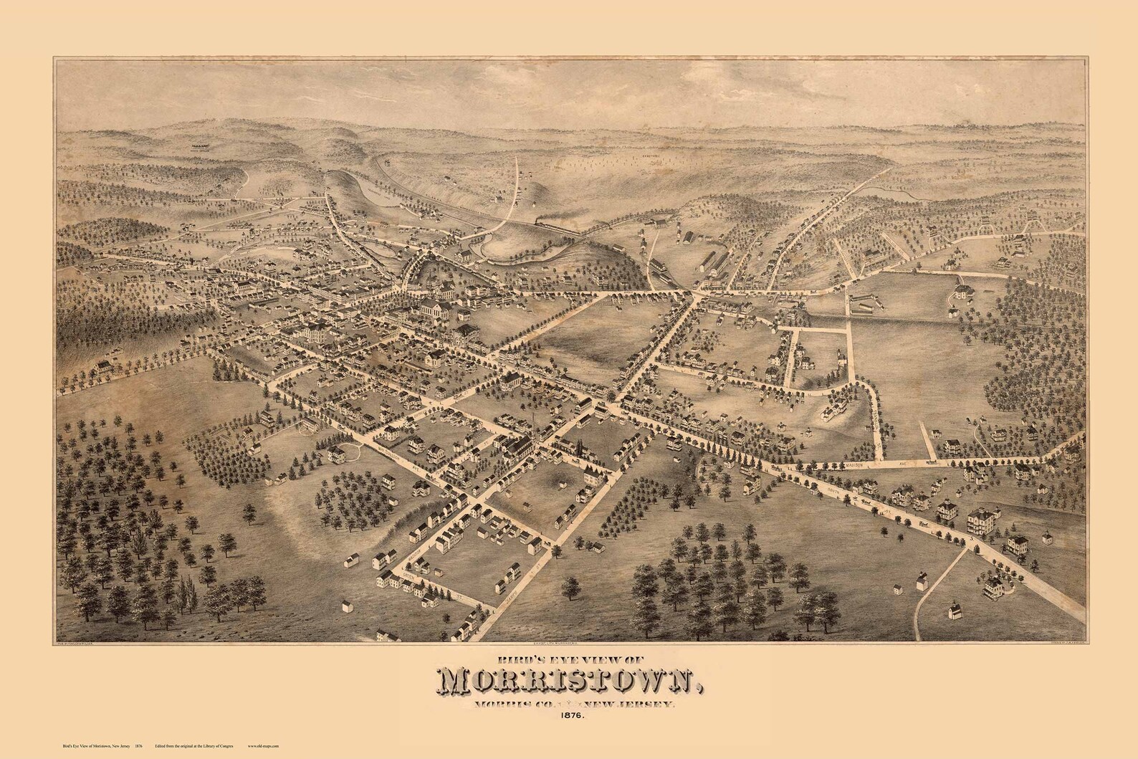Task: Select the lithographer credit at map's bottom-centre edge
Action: (x=566, y=625)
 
